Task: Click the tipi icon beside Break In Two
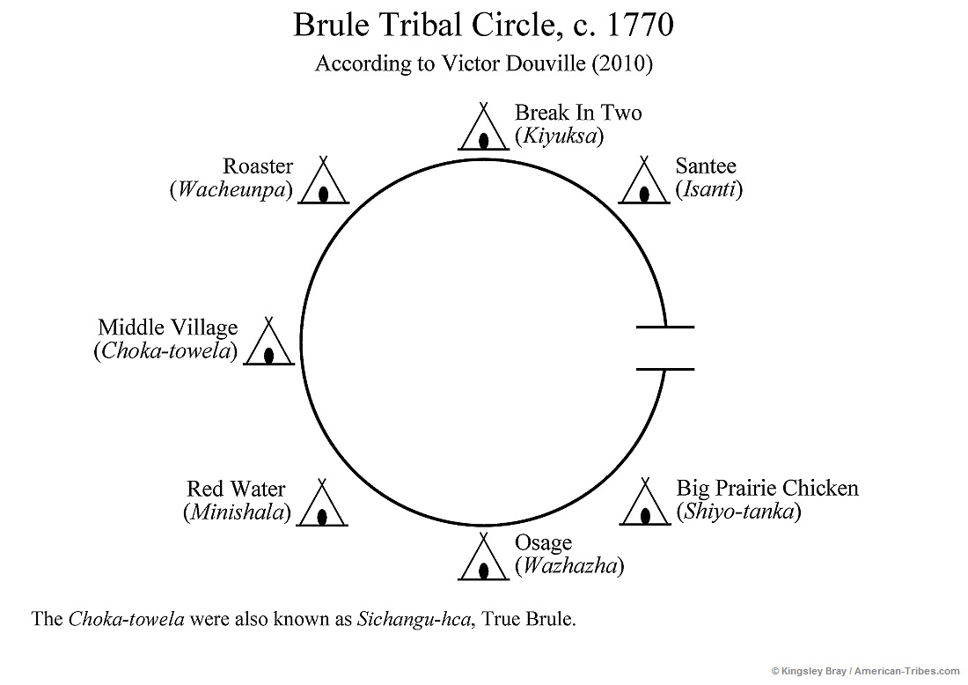pos(483,129)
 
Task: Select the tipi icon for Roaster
pos(323,182)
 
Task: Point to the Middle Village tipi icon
pos(268,343)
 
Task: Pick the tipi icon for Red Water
pos(323,505)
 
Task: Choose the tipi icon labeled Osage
pos(483,558)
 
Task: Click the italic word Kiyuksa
pos(559,136)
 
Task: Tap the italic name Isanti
pos(708,188)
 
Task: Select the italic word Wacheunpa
pos(231,190)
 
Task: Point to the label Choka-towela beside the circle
pos(165,351)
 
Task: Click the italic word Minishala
pos(237,512)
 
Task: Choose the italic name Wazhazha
pos(569,565)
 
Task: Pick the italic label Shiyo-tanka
pos(737,512)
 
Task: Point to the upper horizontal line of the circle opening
pos(664,327)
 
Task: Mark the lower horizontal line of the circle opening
pos(664,368)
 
